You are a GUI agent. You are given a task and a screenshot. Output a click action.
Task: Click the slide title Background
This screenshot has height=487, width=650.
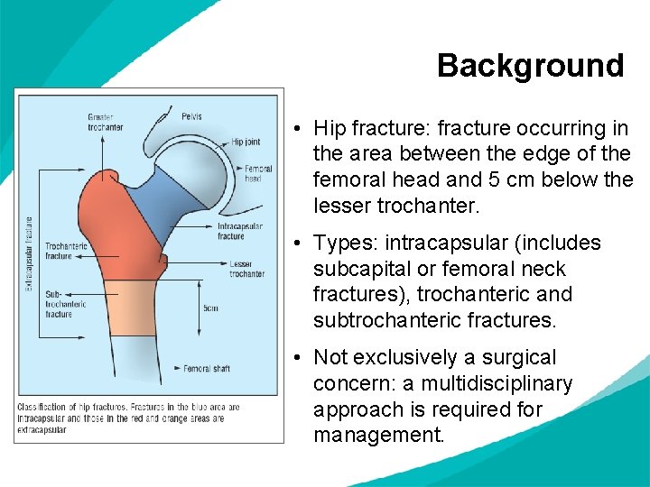click(530, 66)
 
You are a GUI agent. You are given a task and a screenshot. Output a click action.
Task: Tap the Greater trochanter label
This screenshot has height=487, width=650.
click(106, 122)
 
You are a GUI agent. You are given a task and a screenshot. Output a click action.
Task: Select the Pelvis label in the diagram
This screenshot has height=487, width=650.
click(191, 116)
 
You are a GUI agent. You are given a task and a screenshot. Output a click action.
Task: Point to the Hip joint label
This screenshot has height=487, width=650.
click(245, 142)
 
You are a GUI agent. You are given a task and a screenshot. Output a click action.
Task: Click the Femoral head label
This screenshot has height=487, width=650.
click(258, 173)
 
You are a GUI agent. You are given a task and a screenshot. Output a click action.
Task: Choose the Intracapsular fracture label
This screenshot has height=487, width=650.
click(239, 231)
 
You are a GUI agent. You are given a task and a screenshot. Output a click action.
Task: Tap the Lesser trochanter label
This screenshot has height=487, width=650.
click(246, 269)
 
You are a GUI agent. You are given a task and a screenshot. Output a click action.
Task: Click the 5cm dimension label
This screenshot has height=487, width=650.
click(209, 308)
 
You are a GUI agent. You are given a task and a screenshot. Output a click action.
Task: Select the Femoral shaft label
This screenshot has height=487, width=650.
click(207, 368)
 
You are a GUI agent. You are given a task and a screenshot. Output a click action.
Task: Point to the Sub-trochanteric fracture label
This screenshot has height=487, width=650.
click(65, 304)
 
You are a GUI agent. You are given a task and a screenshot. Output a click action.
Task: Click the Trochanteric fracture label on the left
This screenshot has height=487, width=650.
click(65, 251)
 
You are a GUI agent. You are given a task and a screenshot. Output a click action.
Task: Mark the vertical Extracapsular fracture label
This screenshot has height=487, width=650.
click(28, 252)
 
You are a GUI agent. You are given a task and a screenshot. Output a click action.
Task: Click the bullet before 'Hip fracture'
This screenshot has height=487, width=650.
click(297, 129)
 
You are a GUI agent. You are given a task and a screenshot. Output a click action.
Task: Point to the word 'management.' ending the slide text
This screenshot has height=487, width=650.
click(378, 435)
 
